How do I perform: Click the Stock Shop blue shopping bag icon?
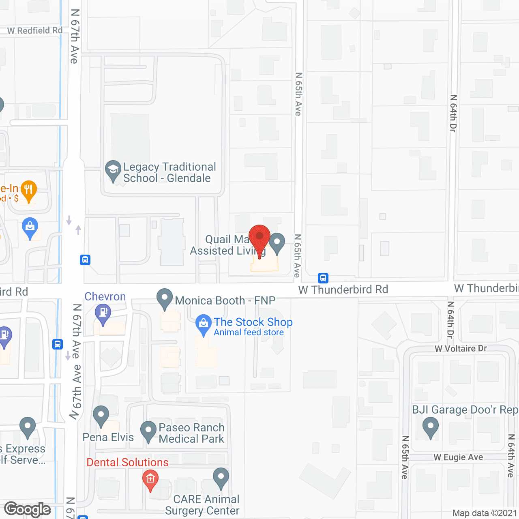(204, 324)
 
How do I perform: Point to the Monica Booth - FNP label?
(225, 300)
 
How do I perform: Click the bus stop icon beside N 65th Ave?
(323, 278)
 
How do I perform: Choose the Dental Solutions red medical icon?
(150, 479)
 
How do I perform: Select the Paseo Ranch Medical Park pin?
(148, 430)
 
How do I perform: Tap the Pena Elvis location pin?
(101, 415)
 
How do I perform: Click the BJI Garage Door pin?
(431, 427)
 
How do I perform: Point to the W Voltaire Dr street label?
(461, 349)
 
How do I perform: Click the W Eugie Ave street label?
(458, 457)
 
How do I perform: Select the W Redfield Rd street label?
(35, 30)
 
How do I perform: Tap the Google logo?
(28, 509)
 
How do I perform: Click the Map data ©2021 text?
(485, 513)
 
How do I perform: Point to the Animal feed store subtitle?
(249, 332)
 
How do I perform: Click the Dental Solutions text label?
(128, 462)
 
